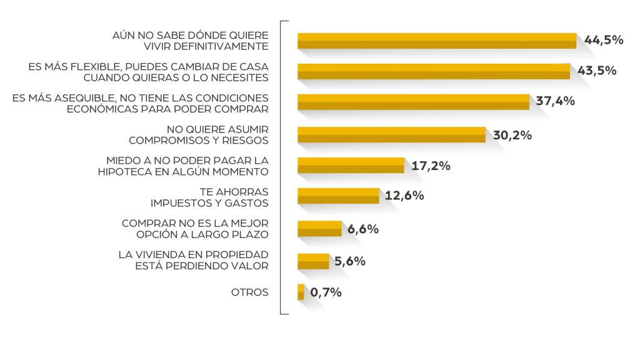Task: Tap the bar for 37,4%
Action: click(413, 102)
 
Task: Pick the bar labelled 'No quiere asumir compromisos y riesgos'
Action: click(391, 134)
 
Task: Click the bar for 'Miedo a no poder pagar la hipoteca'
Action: click(351, 166)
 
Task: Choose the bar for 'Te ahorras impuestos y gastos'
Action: click(338, 196)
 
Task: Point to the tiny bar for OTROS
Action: click(301, 292)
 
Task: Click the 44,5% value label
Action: click(604, 40)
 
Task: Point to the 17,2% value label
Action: click(431, 166)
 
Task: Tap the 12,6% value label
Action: click(404, 196)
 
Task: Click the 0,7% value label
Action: click(326, 292)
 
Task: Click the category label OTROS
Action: click(250, 292)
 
